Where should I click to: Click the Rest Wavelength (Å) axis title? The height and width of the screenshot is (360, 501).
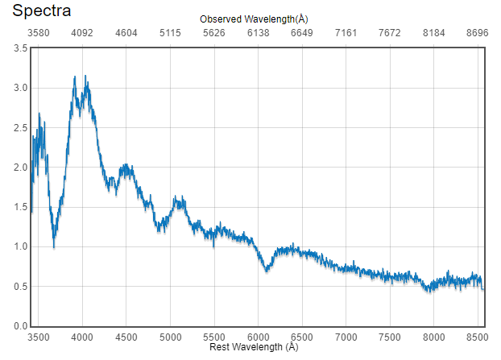(254, 347)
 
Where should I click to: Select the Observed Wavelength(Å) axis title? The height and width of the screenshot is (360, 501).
(253, 19)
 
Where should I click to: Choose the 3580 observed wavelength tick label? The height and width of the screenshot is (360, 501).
(39, 34)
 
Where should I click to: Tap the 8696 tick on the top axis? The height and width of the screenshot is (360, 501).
(477, 34)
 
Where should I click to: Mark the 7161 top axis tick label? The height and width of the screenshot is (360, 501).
(346, 34)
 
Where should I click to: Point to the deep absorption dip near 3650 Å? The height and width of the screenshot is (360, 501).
(54, 246)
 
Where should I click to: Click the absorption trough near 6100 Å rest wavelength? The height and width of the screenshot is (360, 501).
(267, 271)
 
